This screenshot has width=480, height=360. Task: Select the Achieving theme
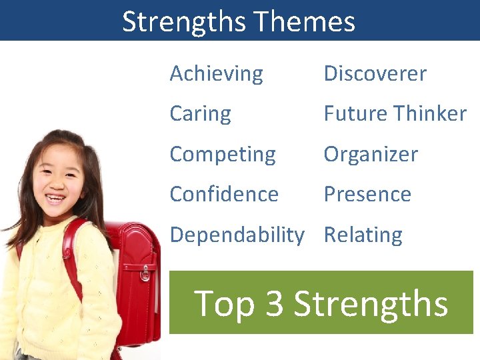pos(216,74)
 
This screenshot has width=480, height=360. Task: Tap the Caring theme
pos(200,114)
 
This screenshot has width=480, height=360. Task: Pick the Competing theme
pos(222,155)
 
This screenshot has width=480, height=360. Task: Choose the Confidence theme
pos(224,194)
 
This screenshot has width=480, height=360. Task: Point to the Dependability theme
pos(237,235)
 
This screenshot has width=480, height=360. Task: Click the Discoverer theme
pos(375,74)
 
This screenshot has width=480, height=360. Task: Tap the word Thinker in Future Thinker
pos(428,114)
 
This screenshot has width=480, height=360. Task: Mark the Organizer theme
pos(371,155)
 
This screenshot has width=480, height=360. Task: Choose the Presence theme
pos(367,194)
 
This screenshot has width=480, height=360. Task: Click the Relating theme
pos(363,235)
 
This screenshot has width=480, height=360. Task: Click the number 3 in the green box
pos(275,303)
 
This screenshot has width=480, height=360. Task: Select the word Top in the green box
pos(225,304)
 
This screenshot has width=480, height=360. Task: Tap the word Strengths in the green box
pos(371,303)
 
